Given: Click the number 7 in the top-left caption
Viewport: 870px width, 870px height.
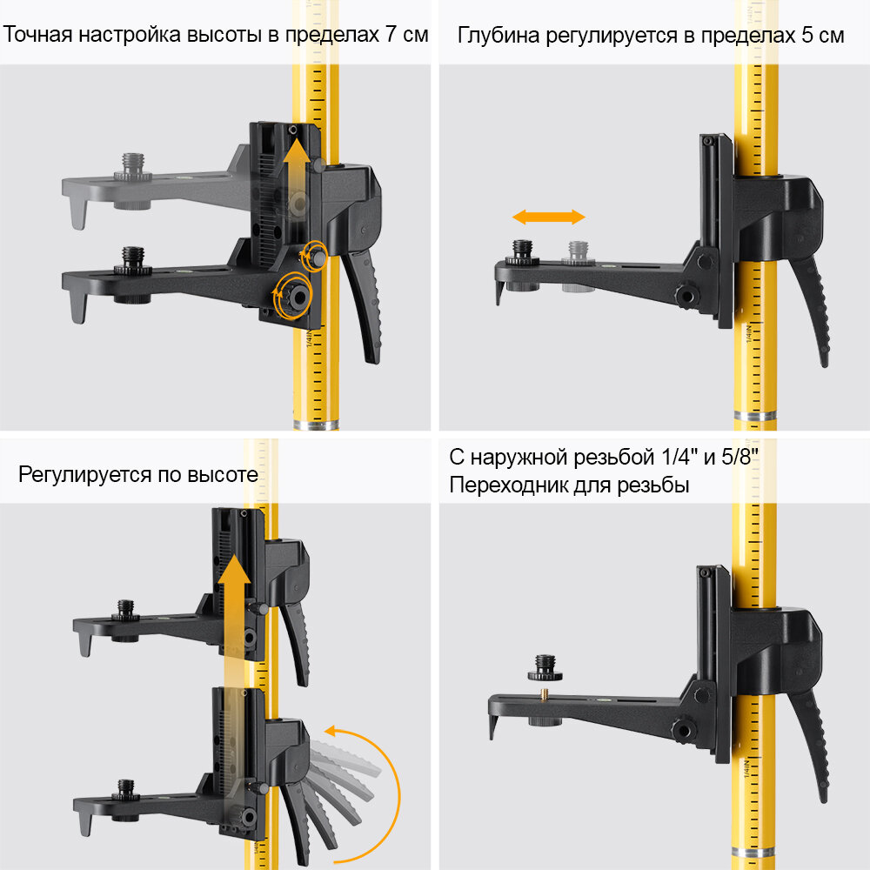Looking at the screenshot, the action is pos(392,36).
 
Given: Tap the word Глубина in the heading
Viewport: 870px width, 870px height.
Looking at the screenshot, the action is pos(496,37).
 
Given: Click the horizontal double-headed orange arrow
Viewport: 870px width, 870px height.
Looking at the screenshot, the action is pos(548,217).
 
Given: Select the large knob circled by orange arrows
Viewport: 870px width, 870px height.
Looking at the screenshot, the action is pos(296,297).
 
